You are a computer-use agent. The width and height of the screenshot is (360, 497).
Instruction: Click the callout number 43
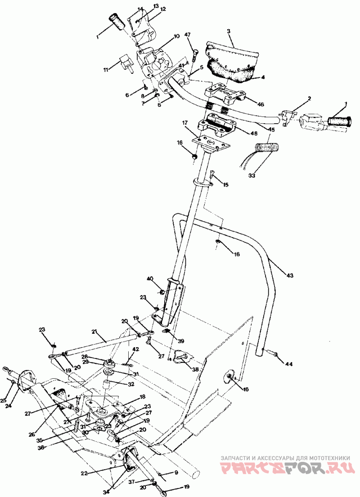pyautogui.click(x=289, y=275)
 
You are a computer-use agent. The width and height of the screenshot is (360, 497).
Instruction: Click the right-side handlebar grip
pyautogui.click(x=340, y=122)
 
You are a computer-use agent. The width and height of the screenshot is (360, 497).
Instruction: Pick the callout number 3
pyautogui.click(x=229, y=31)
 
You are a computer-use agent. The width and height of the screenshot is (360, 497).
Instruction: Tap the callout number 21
pyautogui.click(x=94, y=331)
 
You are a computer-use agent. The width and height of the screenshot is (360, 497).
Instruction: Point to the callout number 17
pyautogui.click(x=184, y=122)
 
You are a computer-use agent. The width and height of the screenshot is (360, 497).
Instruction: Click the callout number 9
pyautogui.click(x=176, y=473)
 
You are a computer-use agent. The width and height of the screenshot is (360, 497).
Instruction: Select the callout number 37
pyautogui.click(x=131, y=482)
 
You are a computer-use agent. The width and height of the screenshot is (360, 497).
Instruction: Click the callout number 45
pyautogui.click(x=271, y=130)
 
